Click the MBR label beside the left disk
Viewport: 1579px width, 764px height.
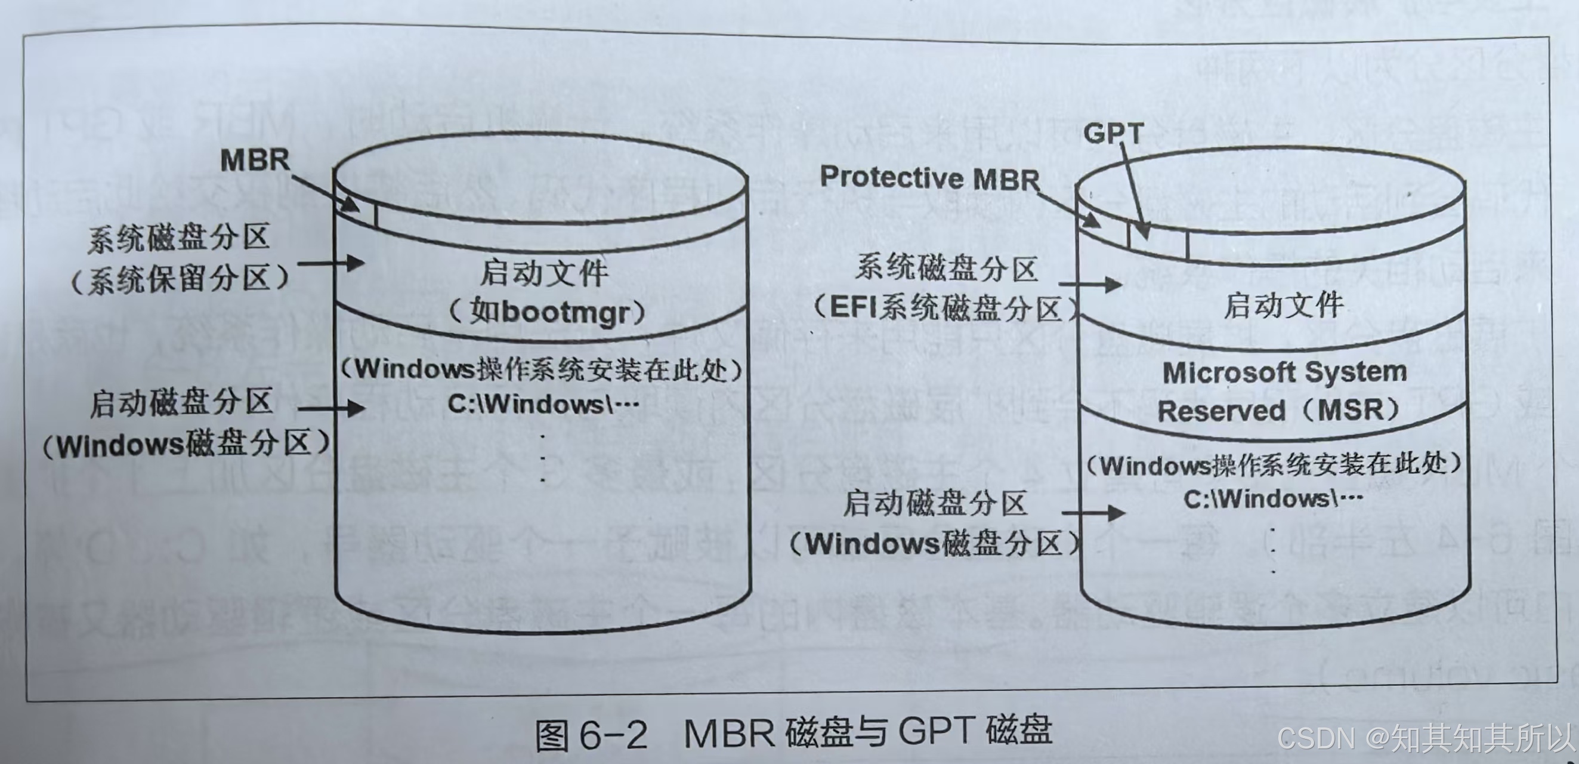click(x=254, y=160)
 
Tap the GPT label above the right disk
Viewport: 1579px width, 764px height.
click(x=1113, y=133)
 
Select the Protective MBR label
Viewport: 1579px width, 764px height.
click(x=930, y=178)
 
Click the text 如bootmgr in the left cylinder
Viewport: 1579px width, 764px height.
click(x=548, y=312)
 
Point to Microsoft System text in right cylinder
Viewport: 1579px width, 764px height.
click(x=1284, y=372)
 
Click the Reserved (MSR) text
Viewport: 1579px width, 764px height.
click(x=1278, y=410)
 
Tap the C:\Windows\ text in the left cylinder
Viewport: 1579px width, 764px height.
click(x=543, y=404)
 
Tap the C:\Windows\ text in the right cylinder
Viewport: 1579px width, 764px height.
click(x=1272, y=499)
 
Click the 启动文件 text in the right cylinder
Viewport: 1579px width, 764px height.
click(x=1284, y=306)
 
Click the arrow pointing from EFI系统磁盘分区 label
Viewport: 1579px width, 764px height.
click(x=1090, y=285)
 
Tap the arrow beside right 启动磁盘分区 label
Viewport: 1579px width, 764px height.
click(x=1093, y=513)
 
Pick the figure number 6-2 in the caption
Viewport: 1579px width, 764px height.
click(x=613, y=735)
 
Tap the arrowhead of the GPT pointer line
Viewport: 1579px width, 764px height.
click(x=1142, y=232)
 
